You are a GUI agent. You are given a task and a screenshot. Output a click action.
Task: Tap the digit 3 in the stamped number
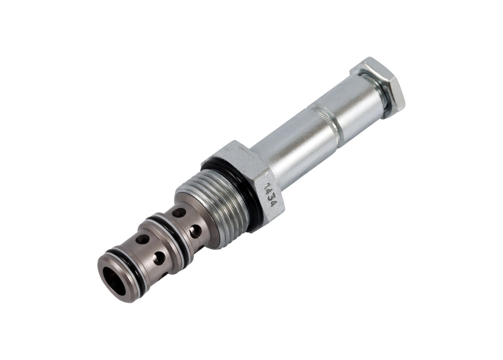272,198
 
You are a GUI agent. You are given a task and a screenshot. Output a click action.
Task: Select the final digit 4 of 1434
273,203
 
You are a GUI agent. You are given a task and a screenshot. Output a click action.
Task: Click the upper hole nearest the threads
179,213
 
